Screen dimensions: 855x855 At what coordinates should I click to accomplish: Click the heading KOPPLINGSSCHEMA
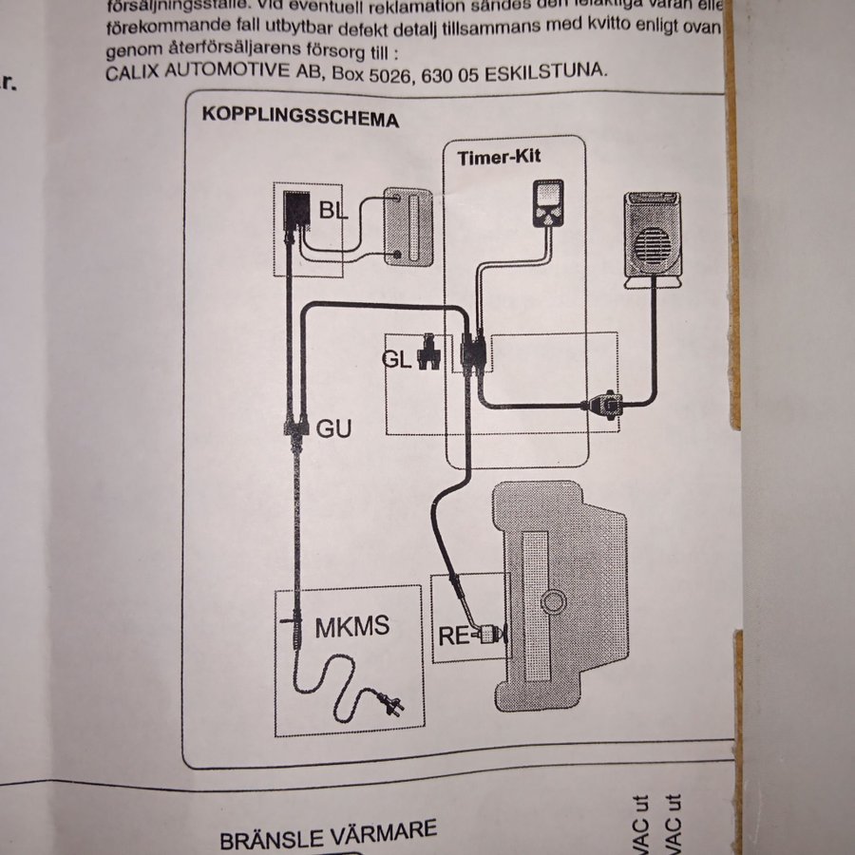click(x=300, y=119)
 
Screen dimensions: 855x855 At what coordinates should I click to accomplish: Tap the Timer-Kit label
click(x=499, y=157)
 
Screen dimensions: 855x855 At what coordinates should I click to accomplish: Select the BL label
click(x=333, y=211)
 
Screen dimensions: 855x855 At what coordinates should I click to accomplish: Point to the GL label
click(x=397, y=359)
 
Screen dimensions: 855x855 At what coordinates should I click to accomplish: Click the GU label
click(x=333, y=429)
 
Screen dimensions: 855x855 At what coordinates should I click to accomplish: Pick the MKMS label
click(x=351, y=628)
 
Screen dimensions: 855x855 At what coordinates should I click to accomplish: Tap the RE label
click(x=454, y=636)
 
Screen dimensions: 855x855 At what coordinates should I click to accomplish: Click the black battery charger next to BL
click(x=296, y=214)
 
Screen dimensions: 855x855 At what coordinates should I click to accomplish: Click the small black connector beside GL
click(x=429, y=353)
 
